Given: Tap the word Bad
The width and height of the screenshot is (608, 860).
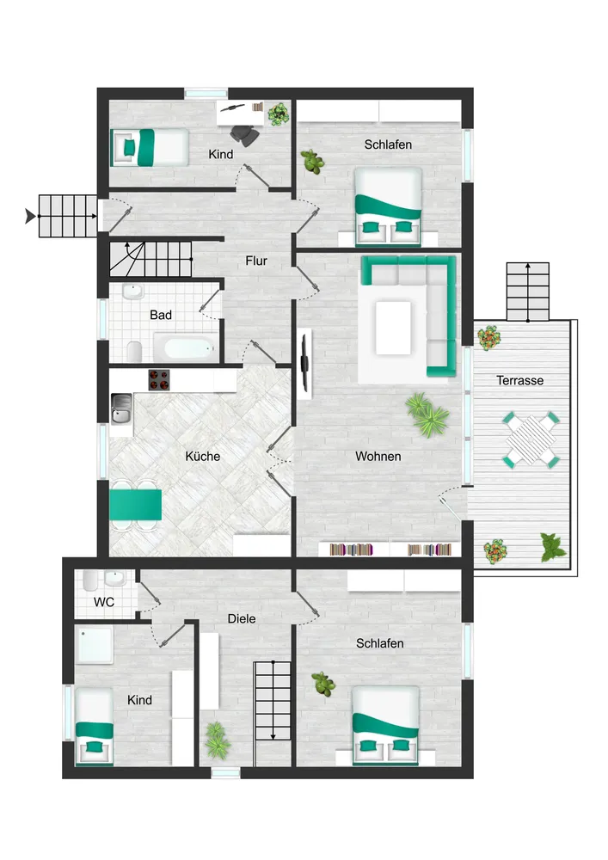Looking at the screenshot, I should [161, 316].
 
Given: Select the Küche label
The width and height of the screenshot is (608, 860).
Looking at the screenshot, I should [203, 457].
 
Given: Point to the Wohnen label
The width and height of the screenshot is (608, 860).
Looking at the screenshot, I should [378, 457].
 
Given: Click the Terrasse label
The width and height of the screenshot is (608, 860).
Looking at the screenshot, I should [520, 380].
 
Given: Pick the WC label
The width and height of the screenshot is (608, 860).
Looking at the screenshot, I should [104, 602].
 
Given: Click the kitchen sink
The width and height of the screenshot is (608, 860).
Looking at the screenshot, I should [120, 408].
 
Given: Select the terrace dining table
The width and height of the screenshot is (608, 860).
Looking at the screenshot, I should [531, 439].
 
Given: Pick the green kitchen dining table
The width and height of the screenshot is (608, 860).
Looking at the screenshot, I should [135, 504].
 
